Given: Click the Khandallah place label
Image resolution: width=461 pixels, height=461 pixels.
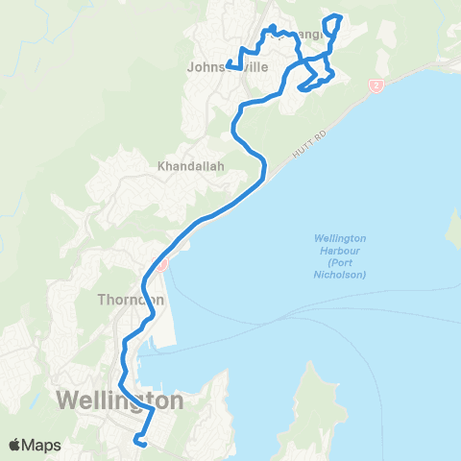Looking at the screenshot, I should [x=190, y=166].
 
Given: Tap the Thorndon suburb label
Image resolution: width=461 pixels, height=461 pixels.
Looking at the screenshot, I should [x=132, y=299].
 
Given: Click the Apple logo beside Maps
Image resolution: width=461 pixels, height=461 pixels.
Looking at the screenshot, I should [x=15, y=445].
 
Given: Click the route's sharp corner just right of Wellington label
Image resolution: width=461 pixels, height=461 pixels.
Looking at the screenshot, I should [x=153, y=407].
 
